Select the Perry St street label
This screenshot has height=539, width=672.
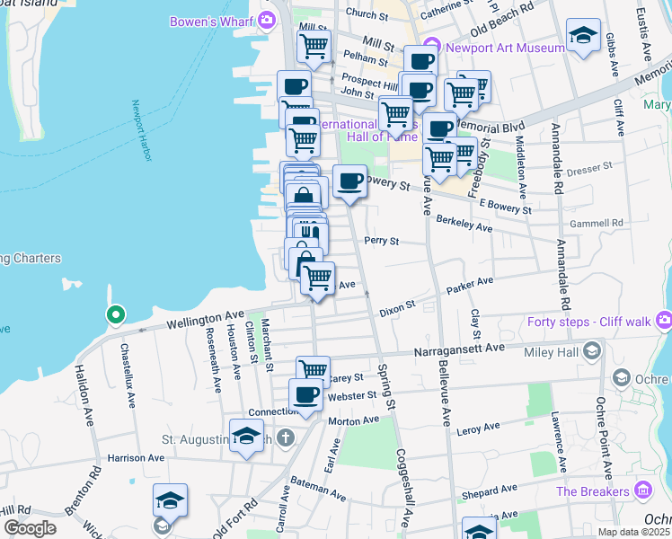point(380,241)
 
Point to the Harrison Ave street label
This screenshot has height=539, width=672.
point(137,457)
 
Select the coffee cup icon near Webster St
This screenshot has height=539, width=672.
point(305,394)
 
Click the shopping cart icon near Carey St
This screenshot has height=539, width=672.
point(313,368)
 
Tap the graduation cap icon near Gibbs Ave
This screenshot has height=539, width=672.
point(584,36)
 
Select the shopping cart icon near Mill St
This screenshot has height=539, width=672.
point(314,45)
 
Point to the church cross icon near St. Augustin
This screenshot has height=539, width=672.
point(285,438)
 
